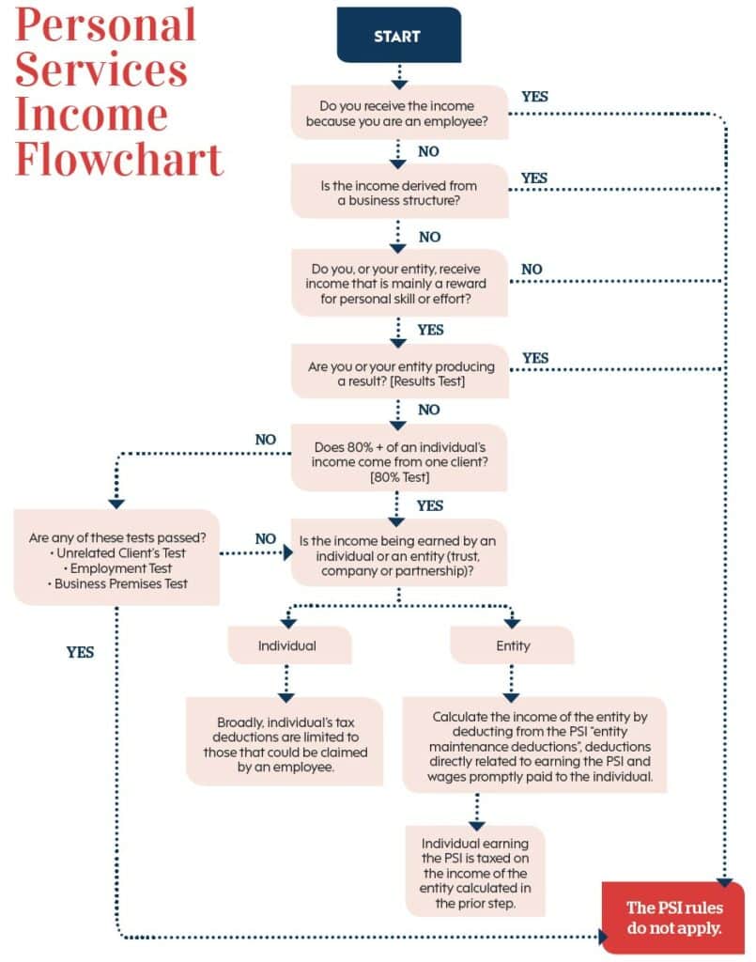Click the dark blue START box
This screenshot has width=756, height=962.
[x=398, y=36]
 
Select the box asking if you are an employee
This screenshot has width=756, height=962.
[x=399, y=112]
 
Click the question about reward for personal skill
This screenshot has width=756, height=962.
[x=399, y=282]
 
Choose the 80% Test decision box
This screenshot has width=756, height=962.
[x=399, y=457]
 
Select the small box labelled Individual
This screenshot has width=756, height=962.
[x=288, y=645]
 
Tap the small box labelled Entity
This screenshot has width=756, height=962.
[x=512, y=645]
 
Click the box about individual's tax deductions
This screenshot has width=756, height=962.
[x=284, y=741]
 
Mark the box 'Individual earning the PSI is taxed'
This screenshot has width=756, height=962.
[x=474, y=870]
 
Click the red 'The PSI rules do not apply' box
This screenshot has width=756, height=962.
[x=673, y=917]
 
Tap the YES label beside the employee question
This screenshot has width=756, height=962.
[x=534, y=96]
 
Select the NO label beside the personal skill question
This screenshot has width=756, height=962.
[x=531, y=269]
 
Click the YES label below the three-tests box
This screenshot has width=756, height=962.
[x=81, y=651]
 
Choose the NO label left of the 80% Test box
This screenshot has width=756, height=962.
[x=266, y=439]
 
